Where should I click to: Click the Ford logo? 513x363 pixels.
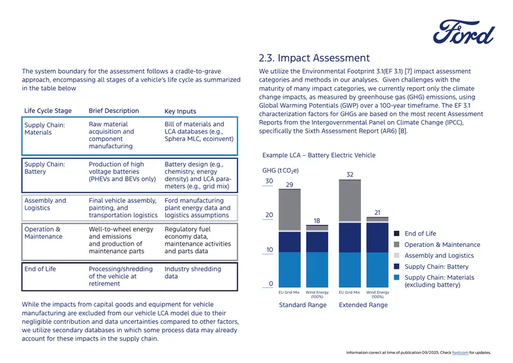pos(464,32)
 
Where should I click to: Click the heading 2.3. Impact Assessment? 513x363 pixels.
pos(314,58)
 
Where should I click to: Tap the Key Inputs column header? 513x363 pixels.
pos(180,112)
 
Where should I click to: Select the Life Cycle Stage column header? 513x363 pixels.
pos(47,111)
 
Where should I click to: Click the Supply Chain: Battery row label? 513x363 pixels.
pos(44,168)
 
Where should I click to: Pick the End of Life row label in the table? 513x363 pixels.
pos(40,269)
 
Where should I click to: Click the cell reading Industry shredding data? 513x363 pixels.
pos(193,273)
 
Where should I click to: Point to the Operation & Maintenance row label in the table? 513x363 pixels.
pos(43,233)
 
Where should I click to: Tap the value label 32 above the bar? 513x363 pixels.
pos(349,174)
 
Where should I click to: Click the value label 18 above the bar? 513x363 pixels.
pos(317,221)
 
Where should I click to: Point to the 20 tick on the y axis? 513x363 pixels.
pos(269,215)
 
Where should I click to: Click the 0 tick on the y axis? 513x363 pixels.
pos(271,283)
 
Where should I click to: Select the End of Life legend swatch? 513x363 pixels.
pos(396,233)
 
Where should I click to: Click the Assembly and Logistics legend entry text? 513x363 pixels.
pos(439,255)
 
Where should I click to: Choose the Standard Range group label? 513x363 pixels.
pos(303,305)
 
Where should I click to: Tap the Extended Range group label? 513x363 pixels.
pos(363,305)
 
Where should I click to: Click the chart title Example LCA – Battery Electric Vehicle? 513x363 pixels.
pos(319,155)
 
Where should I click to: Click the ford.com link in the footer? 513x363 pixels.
pos(460,353)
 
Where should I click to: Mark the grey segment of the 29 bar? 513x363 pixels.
pos(290,210)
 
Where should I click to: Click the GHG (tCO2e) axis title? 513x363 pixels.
pos(280,171)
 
